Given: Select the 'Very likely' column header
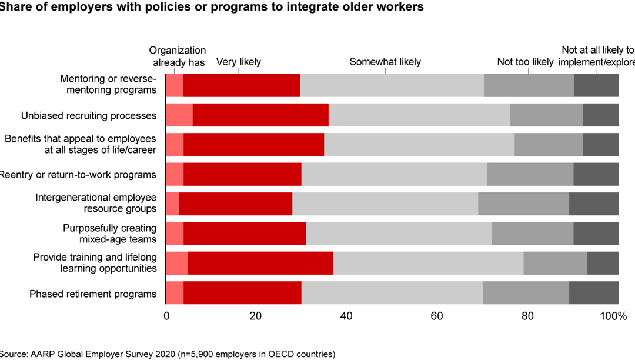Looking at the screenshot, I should pos(239,62).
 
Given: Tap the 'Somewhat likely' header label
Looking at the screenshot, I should pos(385,62).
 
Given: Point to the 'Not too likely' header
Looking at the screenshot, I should pos(525,62).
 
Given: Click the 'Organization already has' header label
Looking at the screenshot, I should pos(178,56).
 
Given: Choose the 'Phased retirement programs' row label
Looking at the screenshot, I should pos(93,294).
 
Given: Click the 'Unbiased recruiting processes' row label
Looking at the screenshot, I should pos(89,115).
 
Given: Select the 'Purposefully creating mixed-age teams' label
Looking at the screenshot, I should pos(110,234).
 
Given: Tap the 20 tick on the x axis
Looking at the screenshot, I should pos(255,316).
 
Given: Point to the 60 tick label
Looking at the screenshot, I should pos(436,316).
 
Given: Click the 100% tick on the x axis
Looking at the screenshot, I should pos(613,316).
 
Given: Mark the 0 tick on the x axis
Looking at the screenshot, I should pos(166,316).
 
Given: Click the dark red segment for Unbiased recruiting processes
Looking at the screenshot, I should pos(260,115).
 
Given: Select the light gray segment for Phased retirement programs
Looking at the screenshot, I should pos(392,293).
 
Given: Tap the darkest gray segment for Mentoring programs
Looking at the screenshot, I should pos(596,85).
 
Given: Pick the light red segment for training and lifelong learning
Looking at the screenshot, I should pos(177,263).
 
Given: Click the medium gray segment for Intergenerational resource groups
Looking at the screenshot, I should pos(523,204).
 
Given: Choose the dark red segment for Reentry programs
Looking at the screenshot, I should pos(242,174).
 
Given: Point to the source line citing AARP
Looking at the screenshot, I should pos(168,354).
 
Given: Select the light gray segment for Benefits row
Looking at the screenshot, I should pos(419,144).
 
